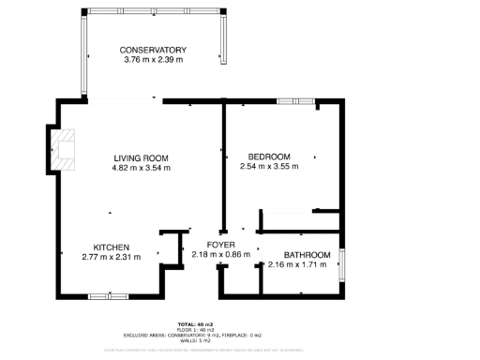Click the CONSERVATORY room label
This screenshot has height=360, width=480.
click(154, 50)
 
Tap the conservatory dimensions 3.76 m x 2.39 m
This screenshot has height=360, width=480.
click(154, 60)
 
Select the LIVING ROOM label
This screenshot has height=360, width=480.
click(141, 157)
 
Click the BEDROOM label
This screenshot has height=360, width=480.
click(269, 157)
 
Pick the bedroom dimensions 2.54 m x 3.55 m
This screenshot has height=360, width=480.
click(269, 167)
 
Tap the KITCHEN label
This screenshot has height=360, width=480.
click(111, 247)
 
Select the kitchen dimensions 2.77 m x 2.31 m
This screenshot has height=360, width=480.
click(111, 257)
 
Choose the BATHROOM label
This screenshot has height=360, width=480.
click(307, 255)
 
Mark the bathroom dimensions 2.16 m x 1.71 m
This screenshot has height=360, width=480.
click(297, 265)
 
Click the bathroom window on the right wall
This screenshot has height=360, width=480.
click(342, 265)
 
